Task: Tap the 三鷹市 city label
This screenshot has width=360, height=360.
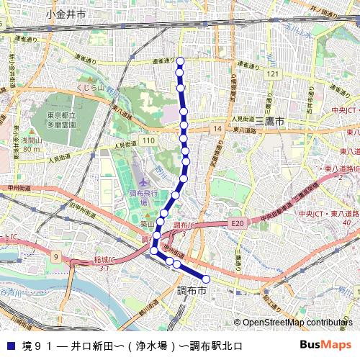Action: pyautogui.click(x=270, y=121)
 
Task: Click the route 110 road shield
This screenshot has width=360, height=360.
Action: pyautogui.click(x=148, y=139)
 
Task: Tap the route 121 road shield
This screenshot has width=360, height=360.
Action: pyautogui.click(x=271, y=74)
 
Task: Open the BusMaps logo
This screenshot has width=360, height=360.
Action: pyautogui.click(x=330, y=346)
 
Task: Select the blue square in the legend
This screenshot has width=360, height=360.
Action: pyautogui.click(x=10, y=346)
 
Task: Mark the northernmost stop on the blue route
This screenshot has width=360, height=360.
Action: pyautogui.click(x=180, y=61)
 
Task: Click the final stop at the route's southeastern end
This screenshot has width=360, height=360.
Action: pyautogui.click(x=206, y=279)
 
